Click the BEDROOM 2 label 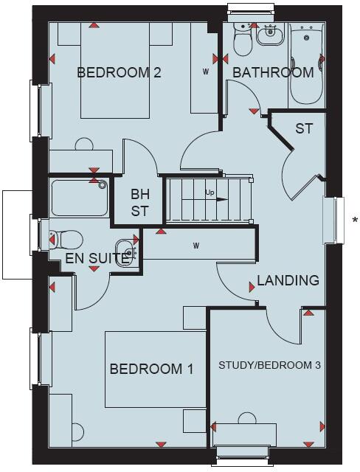pyautogui.click(x=119, y=72)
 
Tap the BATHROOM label pyautogui.click(x=273, y=72)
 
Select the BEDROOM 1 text pyautogui.click(x=151, y=369)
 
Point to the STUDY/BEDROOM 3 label pyautogui.click(x=269, y=364)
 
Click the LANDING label pyautogui.click(x=288, y=280)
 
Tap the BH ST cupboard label pyautogui.click(x=140, y=203)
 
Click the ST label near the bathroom pyautogui.click(x=304, y=128)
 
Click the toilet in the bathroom pyautogui.click(x=242, y=41)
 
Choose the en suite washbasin pyautogui.click(x=125, y=251)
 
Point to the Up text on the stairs pyautogui.click(x=210, y=193)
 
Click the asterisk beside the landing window pyautogui.click(x=355, y=220)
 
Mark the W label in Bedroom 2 pyautogui.click(x=206, y=72)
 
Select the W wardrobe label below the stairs pyautogui.click(x=197, y=245)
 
